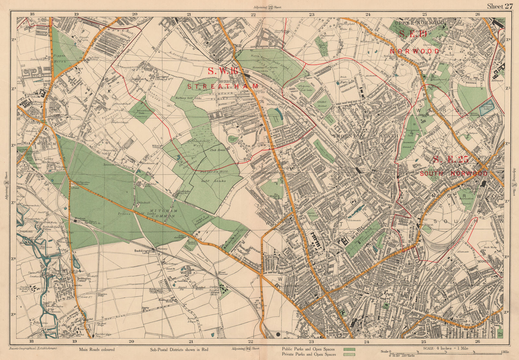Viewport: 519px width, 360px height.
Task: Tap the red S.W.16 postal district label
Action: click(223, 71)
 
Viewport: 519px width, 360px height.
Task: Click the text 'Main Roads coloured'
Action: click(97, 350)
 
